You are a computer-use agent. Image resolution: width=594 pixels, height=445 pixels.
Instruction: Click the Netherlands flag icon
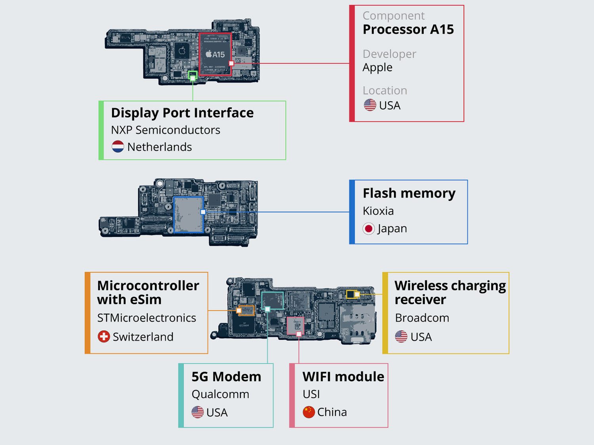118,147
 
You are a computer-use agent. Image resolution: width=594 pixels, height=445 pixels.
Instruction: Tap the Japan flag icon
369,229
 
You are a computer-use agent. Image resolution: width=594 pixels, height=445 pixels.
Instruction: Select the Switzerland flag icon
104,337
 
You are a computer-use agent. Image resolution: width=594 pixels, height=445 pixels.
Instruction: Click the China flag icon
309,412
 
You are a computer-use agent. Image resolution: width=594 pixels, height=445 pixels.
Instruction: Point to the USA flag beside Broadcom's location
401,337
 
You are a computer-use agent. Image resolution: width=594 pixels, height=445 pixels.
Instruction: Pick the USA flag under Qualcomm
198,412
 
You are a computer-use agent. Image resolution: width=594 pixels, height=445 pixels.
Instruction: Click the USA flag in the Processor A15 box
370,105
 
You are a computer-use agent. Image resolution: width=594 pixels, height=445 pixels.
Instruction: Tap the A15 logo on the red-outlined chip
215,54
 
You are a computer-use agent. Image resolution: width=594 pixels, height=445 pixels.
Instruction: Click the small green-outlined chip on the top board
192,75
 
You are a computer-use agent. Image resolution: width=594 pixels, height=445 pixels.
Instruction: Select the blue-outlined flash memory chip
188,214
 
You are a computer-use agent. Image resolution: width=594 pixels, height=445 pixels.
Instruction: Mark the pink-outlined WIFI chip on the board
295,326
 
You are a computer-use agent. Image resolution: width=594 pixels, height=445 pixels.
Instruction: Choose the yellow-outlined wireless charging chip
351,294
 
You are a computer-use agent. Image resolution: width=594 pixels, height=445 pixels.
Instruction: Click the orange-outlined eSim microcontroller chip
246,310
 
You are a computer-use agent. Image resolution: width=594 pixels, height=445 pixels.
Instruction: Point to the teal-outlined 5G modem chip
272,300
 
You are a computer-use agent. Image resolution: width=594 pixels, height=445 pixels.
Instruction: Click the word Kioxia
378,211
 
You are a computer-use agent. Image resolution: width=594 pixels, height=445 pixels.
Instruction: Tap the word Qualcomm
220,394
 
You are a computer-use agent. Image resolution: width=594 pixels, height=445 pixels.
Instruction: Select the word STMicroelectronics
147,318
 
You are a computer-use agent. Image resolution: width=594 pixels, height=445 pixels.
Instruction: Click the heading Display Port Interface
182,113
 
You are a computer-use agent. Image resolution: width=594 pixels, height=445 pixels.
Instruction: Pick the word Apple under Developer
377,67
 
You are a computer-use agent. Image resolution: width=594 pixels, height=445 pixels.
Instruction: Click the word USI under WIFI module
311,394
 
